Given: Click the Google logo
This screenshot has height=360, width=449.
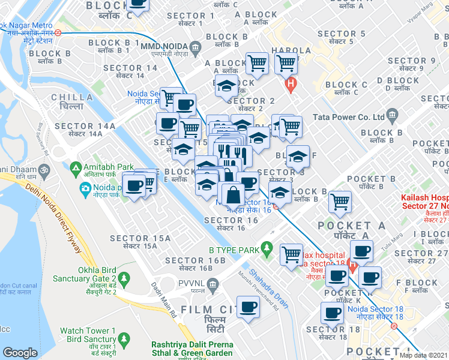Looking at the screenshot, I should [x=20, y=352].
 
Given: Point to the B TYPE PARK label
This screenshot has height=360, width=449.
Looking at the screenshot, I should [x=234, y=249].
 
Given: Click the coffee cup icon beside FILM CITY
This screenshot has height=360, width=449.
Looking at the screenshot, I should [x=248, y=307].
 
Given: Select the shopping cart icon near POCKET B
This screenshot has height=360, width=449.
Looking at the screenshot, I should [x=340, y=202].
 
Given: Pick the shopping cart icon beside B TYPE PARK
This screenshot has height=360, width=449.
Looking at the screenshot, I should [x=292, y=254].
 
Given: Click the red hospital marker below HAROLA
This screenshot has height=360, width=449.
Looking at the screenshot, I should [x=291, y=85].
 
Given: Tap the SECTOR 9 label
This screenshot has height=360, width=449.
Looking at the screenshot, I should [x=411, y=61].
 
